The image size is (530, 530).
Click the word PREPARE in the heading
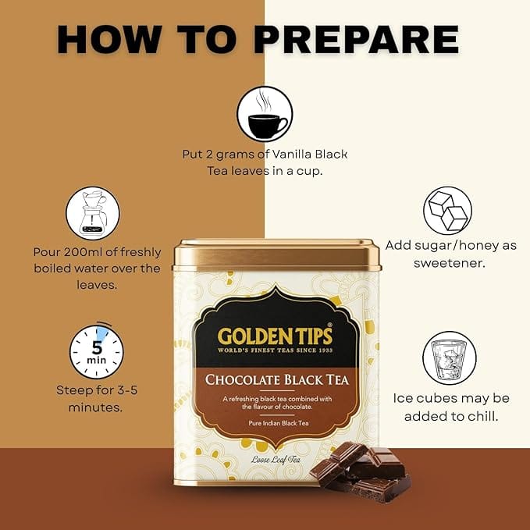tap(356, 39)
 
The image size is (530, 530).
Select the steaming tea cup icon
tap(265, 114)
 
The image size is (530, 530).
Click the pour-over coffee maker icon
tap(93, 213)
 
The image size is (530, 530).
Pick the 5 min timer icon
tap(96, 350)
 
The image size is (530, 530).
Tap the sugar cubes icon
tap(447, 211)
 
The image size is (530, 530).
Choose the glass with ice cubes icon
tap(450, 358)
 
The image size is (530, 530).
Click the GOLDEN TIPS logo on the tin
tap(275, 336)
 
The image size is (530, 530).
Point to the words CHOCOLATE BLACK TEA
tap(276, 380)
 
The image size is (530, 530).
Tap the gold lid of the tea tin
tap(277, 255)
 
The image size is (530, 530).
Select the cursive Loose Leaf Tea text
tap(276, 460)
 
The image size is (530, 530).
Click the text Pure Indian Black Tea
tap(279, 423)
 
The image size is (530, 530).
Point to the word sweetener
tap(450, 263)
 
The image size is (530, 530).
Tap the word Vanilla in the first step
tap(291, 154)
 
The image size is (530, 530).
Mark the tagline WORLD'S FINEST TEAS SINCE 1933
tap(275, 350)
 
